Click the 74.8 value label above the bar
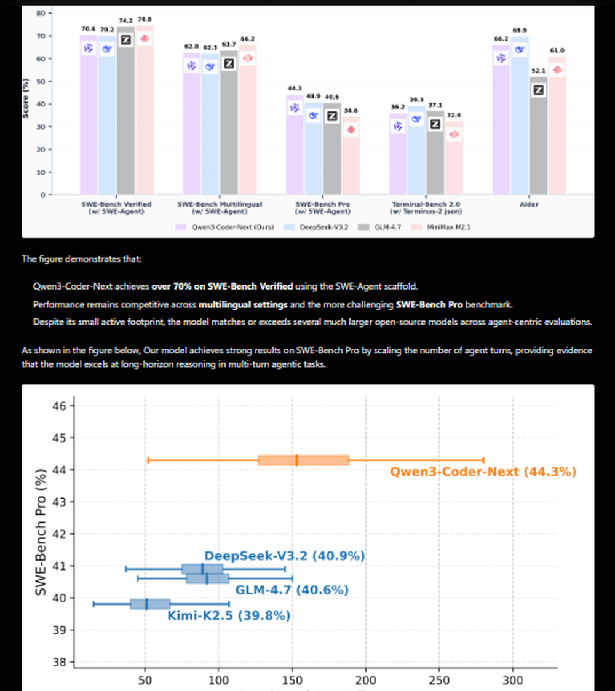(x=145, y=19)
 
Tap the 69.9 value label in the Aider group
(x=520, y=30)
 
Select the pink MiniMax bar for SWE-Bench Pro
(x=351, y=160)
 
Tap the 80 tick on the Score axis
(x=41, y=13)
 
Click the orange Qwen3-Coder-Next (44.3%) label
(x=483, y=472)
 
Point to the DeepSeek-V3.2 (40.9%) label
(x=284, y=556)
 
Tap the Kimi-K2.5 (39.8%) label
(x=229, y=615)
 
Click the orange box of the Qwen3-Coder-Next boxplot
(x=303, y=460)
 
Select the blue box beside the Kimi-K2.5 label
(x=150, y=604)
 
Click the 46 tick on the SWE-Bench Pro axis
(x=60, y=406)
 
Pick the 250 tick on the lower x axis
(x=439, y=681)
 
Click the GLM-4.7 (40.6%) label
(x=292, y=590)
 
